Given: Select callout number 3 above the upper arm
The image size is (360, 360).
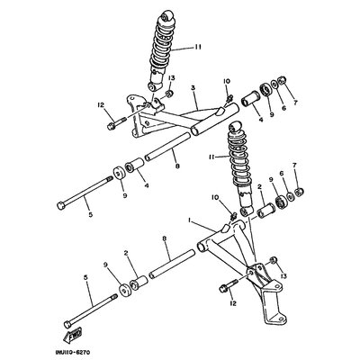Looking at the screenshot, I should point(192,88).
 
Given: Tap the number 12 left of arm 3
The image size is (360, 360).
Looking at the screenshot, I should point(100,106).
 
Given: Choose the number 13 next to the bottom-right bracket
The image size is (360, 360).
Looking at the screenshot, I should point(284,276).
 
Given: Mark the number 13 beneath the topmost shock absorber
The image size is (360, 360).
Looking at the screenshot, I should point(170,79).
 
